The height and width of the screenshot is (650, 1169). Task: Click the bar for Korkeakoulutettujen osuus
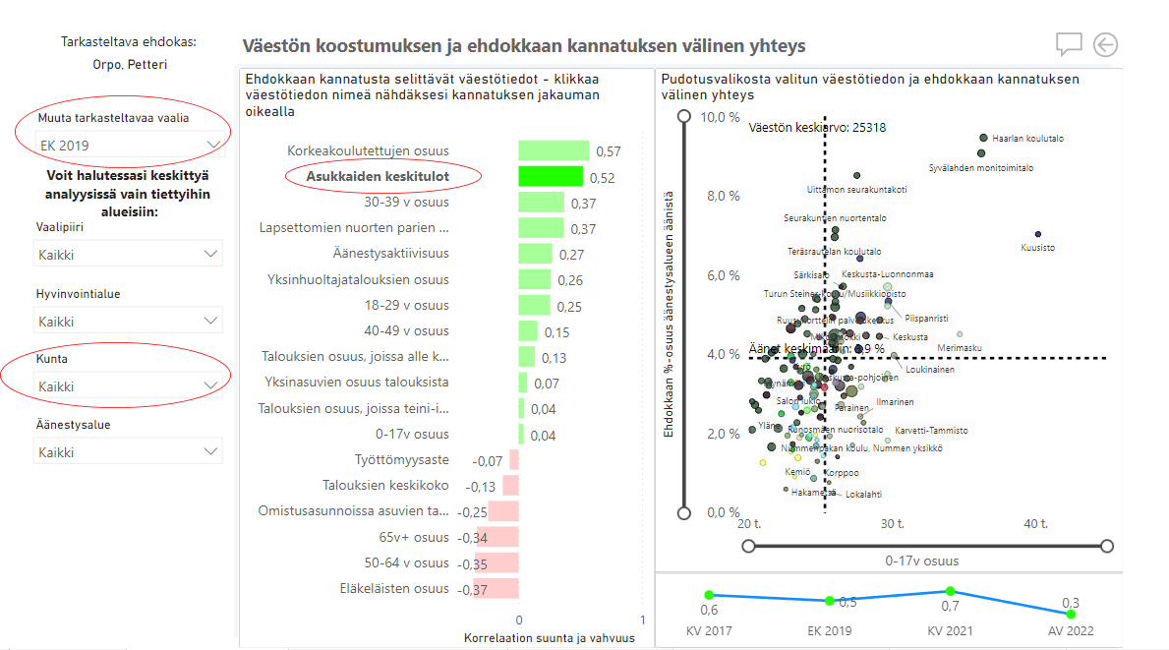coord(554,150)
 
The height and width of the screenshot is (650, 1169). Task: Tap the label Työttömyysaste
coord(401,460)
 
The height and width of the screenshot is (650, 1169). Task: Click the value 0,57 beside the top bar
coord(609,151)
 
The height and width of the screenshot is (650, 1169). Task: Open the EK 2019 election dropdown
coord(129,146)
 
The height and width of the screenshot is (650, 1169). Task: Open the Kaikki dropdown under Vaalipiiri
coord(127,255)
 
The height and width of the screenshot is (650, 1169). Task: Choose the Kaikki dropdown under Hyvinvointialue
coord(127,322)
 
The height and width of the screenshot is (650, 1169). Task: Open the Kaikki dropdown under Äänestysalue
coord(127,452)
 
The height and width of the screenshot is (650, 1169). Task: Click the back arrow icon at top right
coord(1105,44)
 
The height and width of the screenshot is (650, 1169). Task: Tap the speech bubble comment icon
coord(1069,44)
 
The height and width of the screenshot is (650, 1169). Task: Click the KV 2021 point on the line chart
coord(950,591)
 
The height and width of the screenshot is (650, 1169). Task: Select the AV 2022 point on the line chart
coord(1070,614)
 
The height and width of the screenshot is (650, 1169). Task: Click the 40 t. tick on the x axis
coord(1036,524)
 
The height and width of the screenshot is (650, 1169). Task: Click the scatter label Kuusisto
coord(1038,248)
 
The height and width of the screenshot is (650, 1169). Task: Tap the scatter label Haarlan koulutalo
coord(1027,139)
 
